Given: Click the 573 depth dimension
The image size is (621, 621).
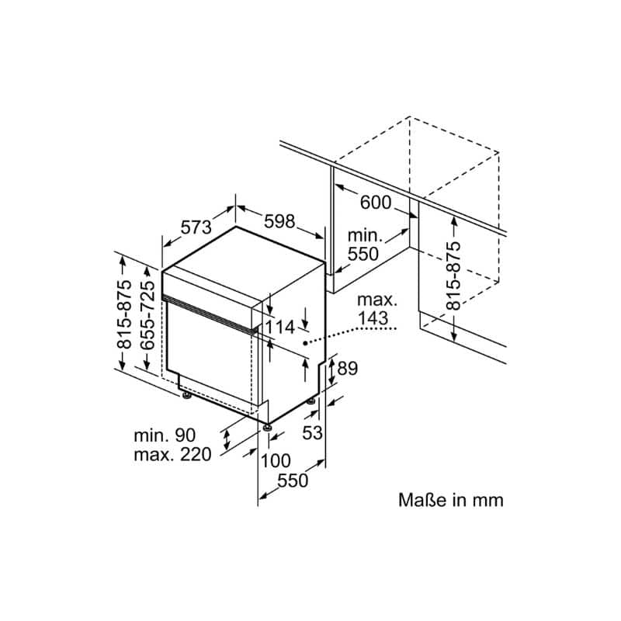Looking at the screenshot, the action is point(196,227).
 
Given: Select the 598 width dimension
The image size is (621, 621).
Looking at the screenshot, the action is point(279,221).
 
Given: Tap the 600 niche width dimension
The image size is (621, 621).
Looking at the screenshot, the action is point(376,203).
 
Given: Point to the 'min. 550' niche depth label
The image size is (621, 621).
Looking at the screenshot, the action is point(365,245).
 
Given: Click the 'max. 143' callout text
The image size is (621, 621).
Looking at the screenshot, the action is point(377,309).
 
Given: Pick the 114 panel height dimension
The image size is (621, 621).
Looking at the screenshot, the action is point(280,327).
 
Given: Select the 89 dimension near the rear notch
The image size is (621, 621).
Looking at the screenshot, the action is point(347,368).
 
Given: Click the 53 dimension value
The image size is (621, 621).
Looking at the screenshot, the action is point(313,432).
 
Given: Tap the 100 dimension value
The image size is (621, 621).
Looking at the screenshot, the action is point(276,460).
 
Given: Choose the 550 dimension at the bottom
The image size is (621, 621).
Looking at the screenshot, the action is point(293,480).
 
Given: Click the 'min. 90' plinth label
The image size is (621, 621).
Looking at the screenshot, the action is point(165,435).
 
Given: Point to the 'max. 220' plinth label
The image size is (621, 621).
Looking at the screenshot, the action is point(172,454).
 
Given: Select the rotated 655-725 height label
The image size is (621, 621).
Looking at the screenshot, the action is point(147,315).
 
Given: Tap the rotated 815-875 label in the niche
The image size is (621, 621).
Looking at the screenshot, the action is point(453,276).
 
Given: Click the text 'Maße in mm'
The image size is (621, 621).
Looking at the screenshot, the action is point(451,500).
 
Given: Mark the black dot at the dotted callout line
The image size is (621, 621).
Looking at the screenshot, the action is point(305,343).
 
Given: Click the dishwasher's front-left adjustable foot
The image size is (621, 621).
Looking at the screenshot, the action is point(186,395).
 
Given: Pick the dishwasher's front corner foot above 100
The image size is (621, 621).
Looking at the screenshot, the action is point(267,428).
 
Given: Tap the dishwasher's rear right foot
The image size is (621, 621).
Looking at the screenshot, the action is point(311,401).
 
